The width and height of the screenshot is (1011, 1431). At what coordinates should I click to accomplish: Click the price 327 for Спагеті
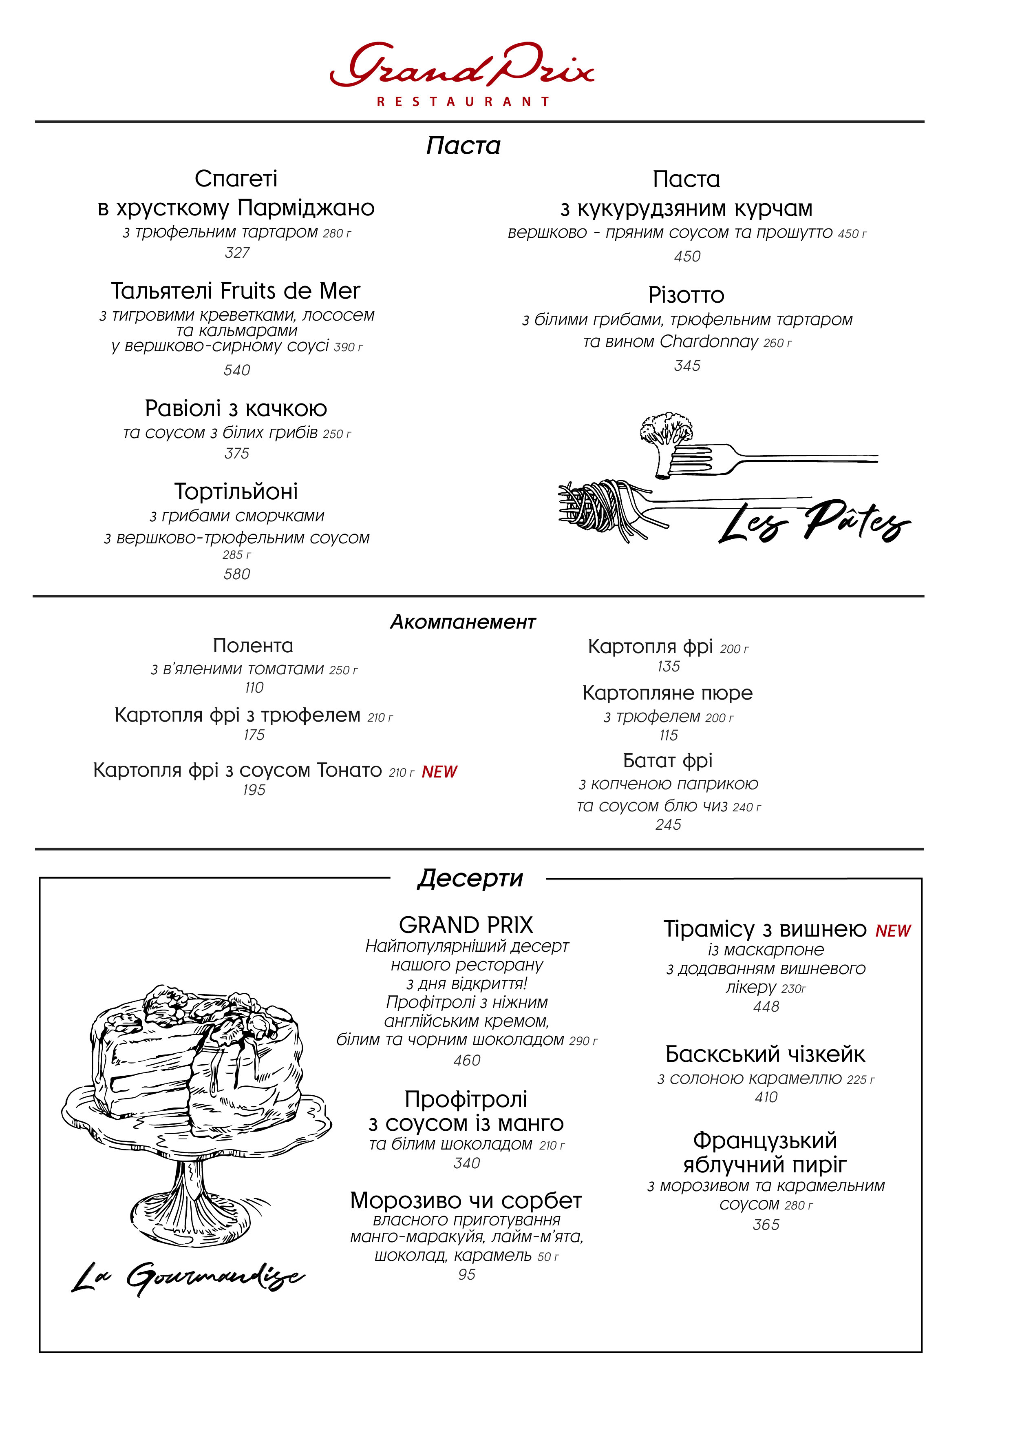pos(237,253)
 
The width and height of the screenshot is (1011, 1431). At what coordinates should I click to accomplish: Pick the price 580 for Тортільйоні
pos(237,574)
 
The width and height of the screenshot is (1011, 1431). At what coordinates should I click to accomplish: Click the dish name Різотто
pos(687,295)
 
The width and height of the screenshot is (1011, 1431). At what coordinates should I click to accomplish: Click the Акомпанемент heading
pos(463,622)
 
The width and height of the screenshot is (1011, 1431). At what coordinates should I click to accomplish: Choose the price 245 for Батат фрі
pos(669,824)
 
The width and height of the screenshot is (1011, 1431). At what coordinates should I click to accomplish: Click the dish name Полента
pos(253,646)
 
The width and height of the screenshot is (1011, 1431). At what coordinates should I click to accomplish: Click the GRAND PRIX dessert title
pos(466,924)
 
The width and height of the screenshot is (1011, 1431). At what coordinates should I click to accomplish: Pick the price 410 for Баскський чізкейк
pos(766,1097)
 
